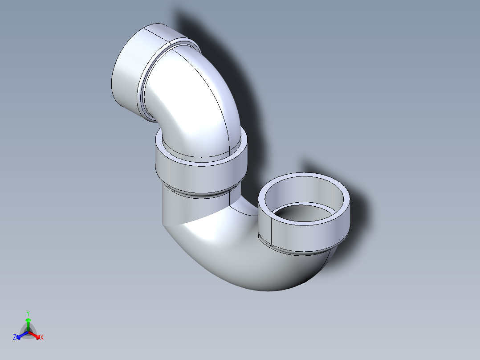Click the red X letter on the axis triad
(42, 338)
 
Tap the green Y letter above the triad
(28, 313)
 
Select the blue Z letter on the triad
(15, 337)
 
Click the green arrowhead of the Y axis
(28, 320)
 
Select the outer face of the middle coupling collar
(200, 176)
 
